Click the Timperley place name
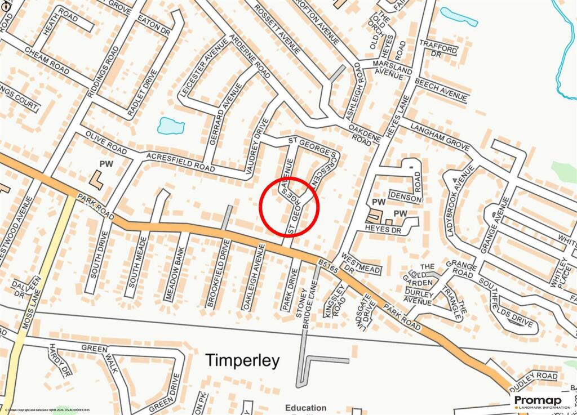pos(242,360)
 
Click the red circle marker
pos(290,206)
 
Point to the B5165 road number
pos(329,267)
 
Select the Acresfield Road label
pos(180,162)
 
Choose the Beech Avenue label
pos(441,90)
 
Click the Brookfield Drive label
pos(219,274)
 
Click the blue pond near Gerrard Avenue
pos(171,126)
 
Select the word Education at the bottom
pos(306,408)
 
